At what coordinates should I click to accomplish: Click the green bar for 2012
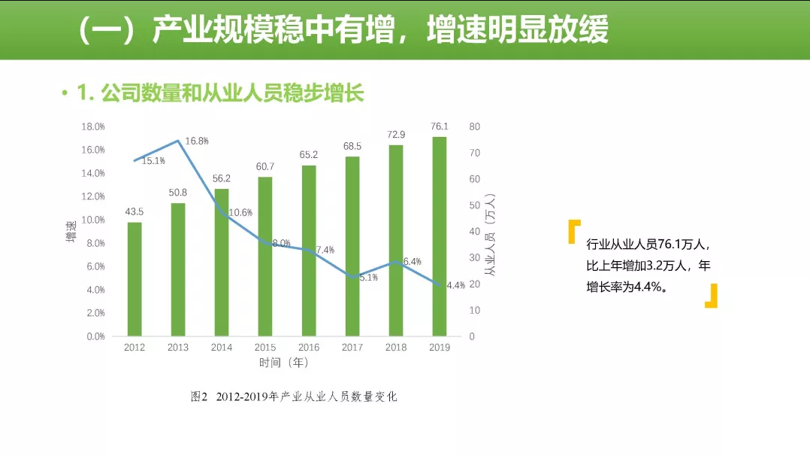134,278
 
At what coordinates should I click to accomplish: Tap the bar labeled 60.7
265,256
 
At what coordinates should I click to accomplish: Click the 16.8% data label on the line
197,141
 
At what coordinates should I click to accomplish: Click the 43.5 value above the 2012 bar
134,211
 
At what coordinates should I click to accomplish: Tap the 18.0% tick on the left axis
93,126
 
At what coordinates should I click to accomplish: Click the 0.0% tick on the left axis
95,336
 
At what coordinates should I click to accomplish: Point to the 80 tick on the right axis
473,126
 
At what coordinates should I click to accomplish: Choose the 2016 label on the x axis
309,348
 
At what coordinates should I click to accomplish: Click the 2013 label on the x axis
178,348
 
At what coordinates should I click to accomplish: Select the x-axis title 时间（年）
284,363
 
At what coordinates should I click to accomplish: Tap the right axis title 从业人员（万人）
491,233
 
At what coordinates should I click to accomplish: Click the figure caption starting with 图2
294,397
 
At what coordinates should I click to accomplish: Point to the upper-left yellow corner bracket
575,231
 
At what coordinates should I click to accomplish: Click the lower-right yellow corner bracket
711,296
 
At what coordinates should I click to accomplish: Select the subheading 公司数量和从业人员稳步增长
221,93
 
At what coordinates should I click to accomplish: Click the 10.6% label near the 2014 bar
240,213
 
